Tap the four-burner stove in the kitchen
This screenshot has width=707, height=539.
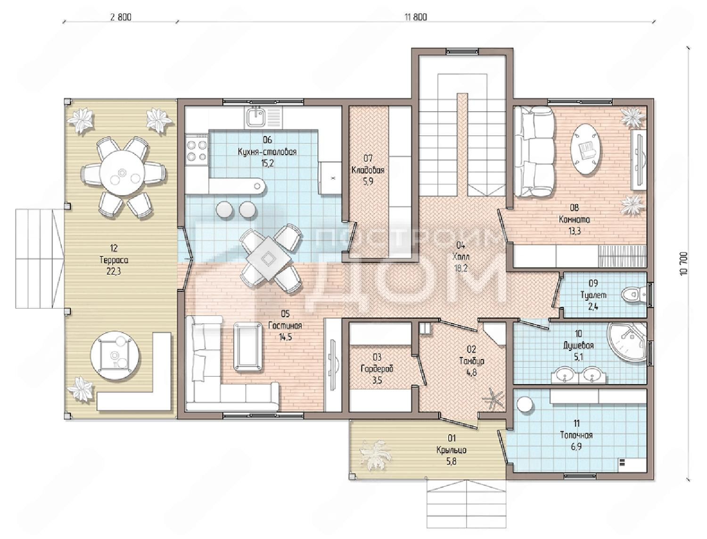[197, 151]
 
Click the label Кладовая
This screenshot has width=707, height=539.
[368, 170]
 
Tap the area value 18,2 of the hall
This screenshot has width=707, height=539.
[460, 268]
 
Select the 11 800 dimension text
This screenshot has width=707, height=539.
[416, 17]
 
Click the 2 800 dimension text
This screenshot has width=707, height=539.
[121, 17]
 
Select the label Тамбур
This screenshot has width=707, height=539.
[471, 361]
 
